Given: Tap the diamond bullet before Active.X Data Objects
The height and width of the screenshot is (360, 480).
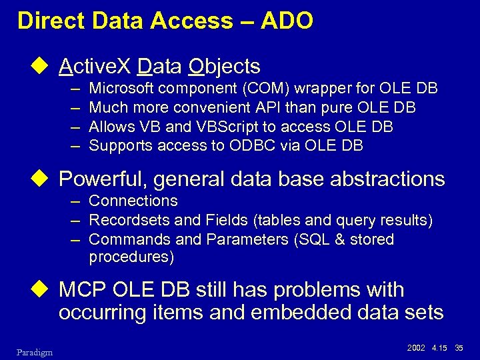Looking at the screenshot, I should pos(45,67).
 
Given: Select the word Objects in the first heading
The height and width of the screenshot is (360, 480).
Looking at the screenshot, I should pos(225,67).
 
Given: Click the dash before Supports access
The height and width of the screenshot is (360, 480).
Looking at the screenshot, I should pos(74,146).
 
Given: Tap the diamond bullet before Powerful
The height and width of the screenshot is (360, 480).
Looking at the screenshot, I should pos(45,179).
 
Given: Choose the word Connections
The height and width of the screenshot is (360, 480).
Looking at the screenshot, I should pos(133,201).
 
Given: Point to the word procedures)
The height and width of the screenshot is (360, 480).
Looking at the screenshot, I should pos(131,257).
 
